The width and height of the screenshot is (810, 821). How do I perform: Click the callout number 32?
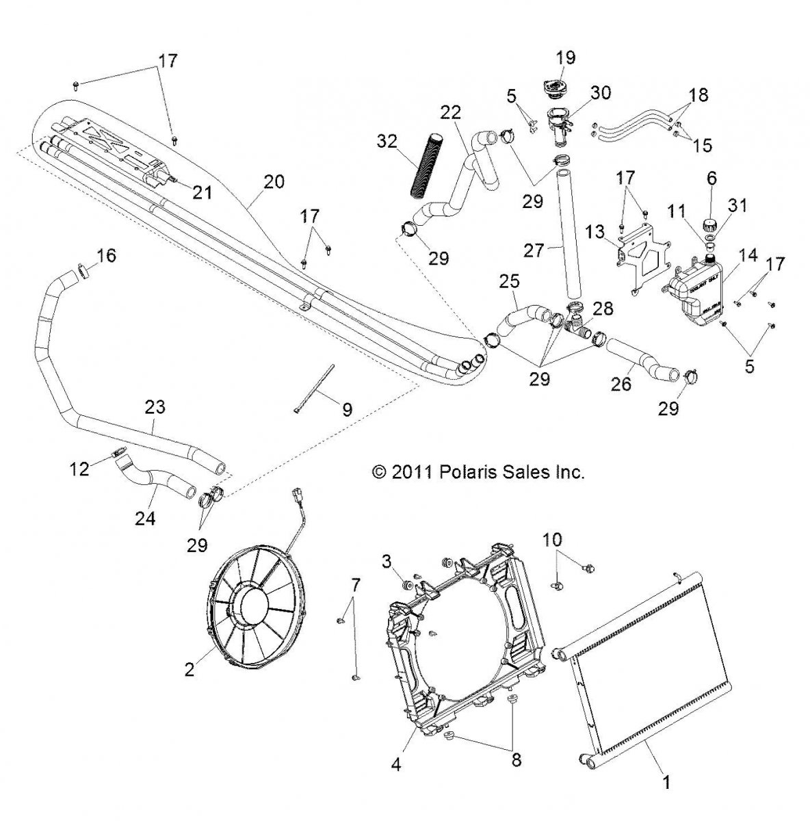tap(387, 142)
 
